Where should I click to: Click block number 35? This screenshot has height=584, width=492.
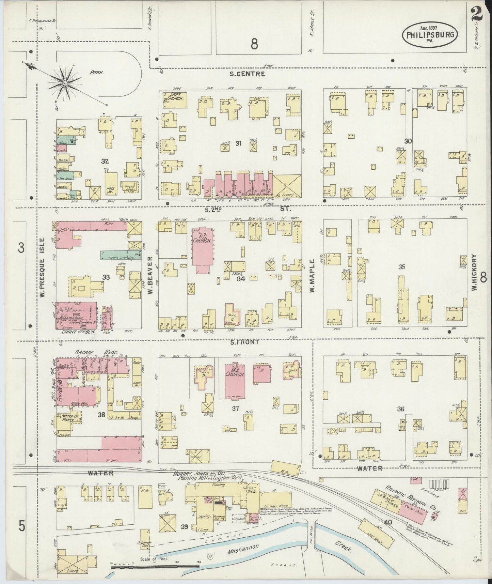(x=402, y=267)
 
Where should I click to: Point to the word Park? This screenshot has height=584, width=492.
(x=97, y=72)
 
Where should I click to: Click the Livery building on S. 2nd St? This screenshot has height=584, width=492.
(x=287, y=186)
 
